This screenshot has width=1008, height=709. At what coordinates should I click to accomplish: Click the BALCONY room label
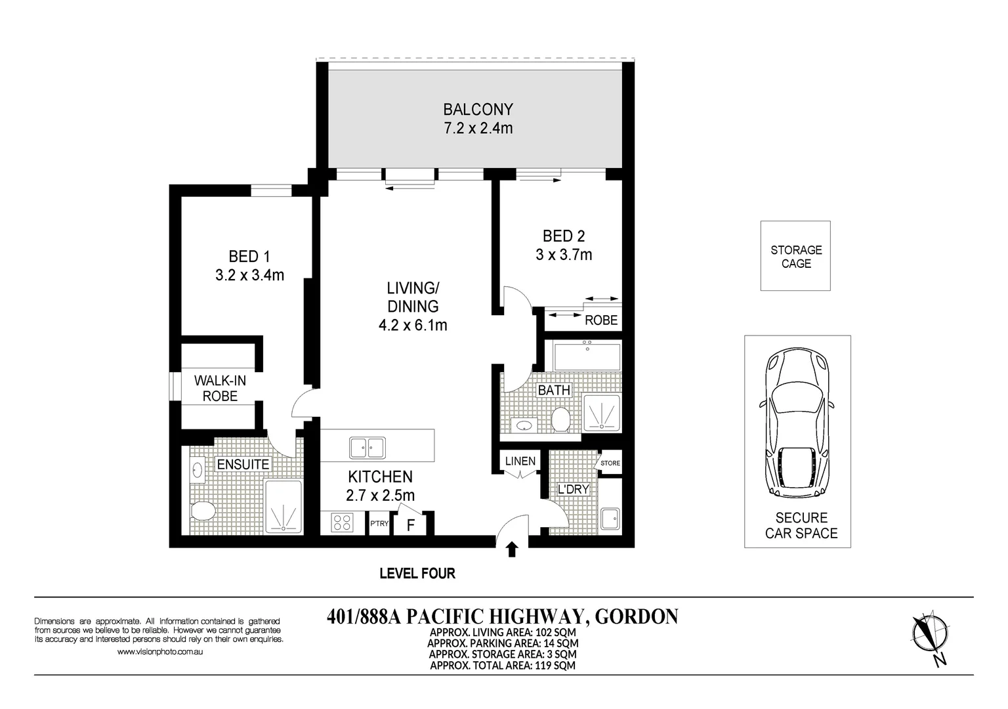(478, 109)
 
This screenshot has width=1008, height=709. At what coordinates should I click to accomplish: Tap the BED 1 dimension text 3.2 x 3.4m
(249, 275)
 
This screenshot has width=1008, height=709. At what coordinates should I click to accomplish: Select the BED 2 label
(563, 236)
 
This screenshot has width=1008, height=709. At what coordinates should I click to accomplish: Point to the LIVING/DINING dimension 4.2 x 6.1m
(413, 324)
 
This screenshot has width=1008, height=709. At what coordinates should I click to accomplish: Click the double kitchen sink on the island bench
(367, 448)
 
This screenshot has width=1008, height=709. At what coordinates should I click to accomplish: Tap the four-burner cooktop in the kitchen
(341, 523)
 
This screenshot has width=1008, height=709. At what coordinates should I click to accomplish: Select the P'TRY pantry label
(379, 524)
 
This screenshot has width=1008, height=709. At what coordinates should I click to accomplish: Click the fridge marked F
(411, 525)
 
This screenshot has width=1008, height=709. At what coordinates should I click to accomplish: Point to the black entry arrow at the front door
(512, 549)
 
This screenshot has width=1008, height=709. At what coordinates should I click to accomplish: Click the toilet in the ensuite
(201, 511)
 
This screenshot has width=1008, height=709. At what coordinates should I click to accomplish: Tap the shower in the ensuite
(283, 507)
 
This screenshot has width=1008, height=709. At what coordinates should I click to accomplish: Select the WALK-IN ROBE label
(220, 388)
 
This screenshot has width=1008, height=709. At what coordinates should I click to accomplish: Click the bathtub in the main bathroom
(587, 357)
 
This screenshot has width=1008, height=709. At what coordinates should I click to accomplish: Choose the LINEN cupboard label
(520, 461)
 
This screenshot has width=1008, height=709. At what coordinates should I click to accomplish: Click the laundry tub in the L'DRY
(610, 519)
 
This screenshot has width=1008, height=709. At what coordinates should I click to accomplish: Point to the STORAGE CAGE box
(795, 256)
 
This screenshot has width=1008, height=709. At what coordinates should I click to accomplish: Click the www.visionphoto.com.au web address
(159, 652)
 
